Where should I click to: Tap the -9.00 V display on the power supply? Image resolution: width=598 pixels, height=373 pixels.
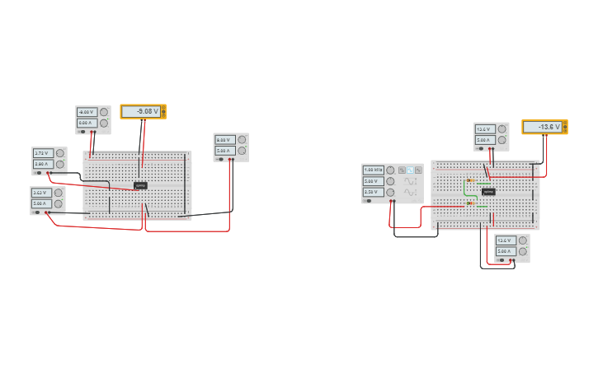[x=87, y=112]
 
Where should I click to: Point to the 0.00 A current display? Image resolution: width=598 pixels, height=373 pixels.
[x=87, y=123]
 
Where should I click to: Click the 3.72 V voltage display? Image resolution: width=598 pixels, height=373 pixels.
[x=43, y=153]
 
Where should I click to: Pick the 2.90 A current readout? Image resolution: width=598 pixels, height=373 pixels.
[x=43, y=164]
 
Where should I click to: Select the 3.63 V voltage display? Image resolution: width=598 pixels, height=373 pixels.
[x=41, y=193]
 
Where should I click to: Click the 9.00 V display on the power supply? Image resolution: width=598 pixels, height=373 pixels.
[x=224, y=140]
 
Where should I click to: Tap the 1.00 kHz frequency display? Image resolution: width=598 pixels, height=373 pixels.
[x=373, y=170]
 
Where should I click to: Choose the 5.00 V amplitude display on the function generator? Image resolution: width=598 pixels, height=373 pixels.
[x=373, y=180]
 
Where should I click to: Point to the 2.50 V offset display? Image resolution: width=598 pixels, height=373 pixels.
[x=373, y=191]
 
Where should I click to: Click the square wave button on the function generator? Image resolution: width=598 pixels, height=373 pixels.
[x=402, y=170]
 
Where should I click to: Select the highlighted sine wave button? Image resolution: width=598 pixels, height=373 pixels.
[x=410, y=170]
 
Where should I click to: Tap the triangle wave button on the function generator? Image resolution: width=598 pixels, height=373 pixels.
[x=418, y=170]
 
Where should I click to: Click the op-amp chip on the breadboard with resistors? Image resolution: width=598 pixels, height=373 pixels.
[x=488, y=192]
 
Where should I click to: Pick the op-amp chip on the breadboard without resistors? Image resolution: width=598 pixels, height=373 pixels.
[x=140, y=185]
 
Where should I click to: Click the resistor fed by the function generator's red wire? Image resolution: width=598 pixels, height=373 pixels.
[x=470, y=203]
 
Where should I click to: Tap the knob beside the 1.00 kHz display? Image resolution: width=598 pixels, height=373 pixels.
[x=390, y=170]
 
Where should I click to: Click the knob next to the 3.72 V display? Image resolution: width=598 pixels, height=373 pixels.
[x=60, y=153]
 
